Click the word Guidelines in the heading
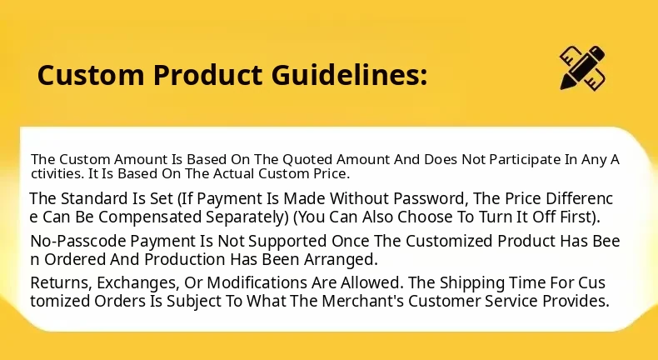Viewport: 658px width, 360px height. coord(349,75)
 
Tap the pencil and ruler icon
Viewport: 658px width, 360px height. coord(583,67)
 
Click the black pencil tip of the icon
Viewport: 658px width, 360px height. coord(565,84)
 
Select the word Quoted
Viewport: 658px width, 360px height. coord(307,160)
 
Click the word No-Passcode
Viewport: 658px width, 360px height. coord(78,242)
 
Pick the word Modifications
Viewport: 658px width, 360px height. coord(257,283)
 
